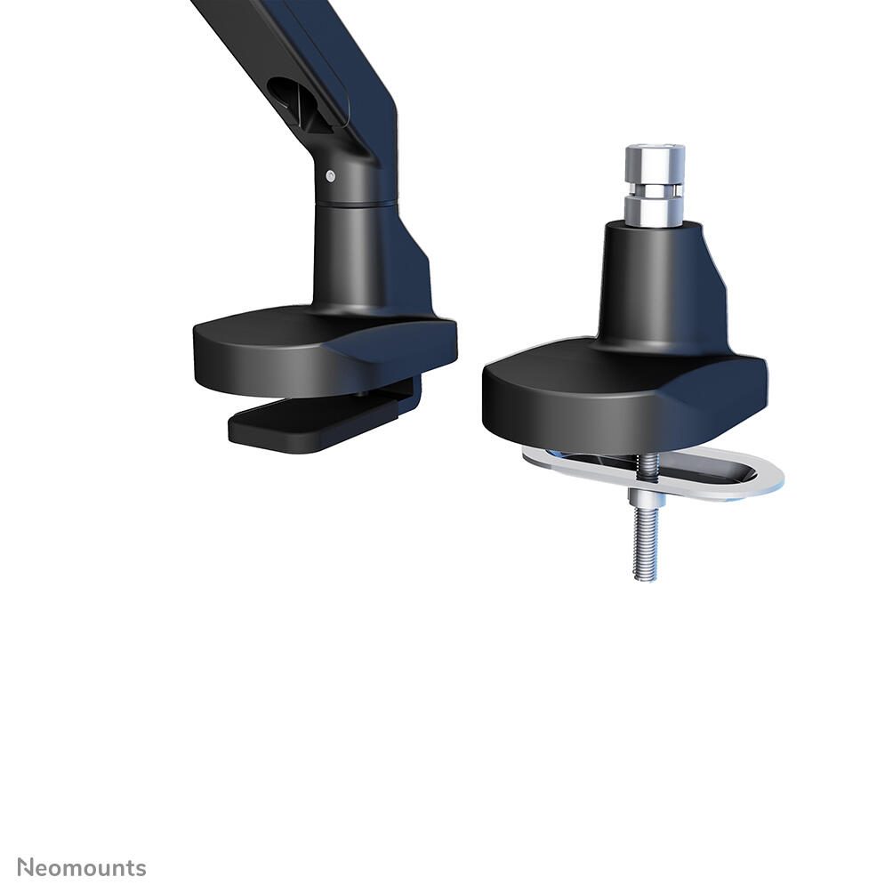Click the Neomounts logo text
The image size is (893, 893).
(82, 868)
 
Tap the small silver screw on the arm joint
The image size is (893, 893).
(331, 176)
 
